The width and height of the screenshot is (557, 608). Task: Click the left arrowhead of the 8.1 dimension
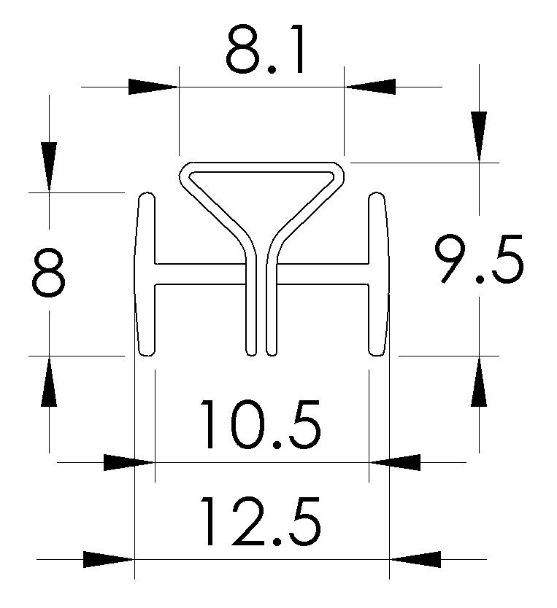153,87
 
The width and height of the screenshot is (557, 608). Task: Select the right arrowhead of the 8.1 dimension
370,87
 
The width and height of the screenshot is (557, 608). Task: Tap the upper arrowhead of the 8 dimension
49,166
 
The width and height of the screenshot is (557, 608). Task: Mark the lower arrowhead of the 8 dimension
49,381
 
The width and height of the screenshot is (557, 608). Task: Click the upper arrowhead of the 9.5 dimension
479,136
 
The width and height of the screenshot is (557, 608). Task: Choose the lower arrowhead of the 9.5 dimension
479,381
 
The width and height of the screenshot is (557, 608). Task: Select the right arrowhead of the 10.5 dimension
394,462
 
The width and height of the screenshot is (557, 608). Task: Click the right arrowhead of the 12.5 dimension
416,560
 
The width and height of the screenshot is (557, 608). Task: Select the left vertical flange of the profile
146,273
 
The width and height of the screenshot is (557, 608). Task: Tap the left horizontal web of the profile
197,273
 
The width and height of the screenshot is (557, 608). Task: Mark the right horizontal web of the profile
321,273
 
